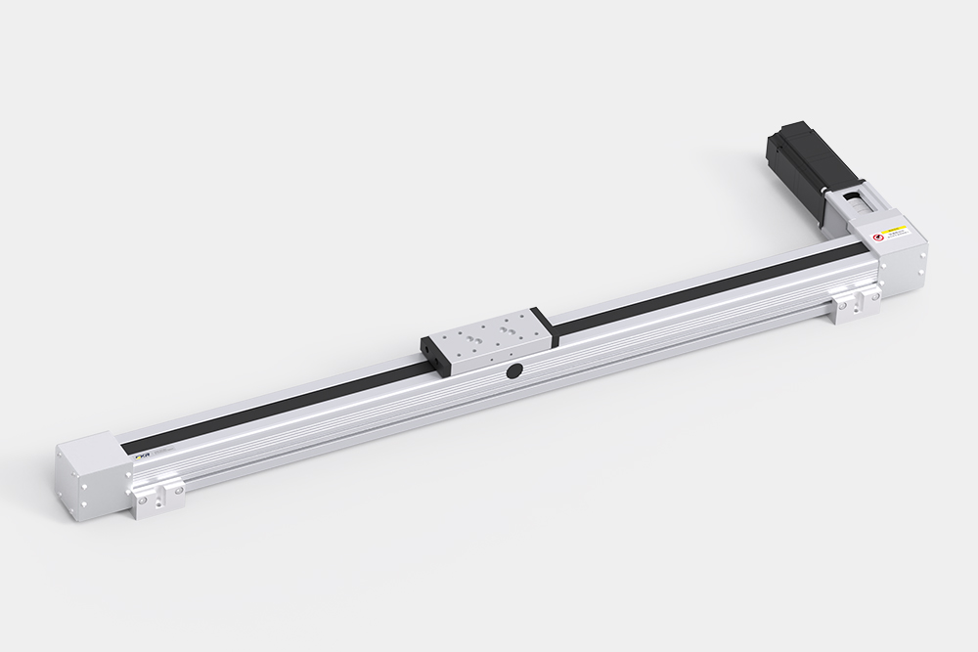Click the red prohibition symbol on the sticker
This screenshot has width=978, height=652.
pos(878,236)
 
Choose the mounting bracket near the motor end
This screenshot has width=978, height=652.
pos(853,304)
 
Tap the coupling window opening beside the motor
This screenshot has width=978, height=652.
pos(854,204)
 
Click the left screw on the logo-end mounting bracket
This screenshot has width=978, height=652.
pos(145,501)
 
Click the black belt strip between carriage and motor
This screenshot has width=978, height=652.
pos(704,281)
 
